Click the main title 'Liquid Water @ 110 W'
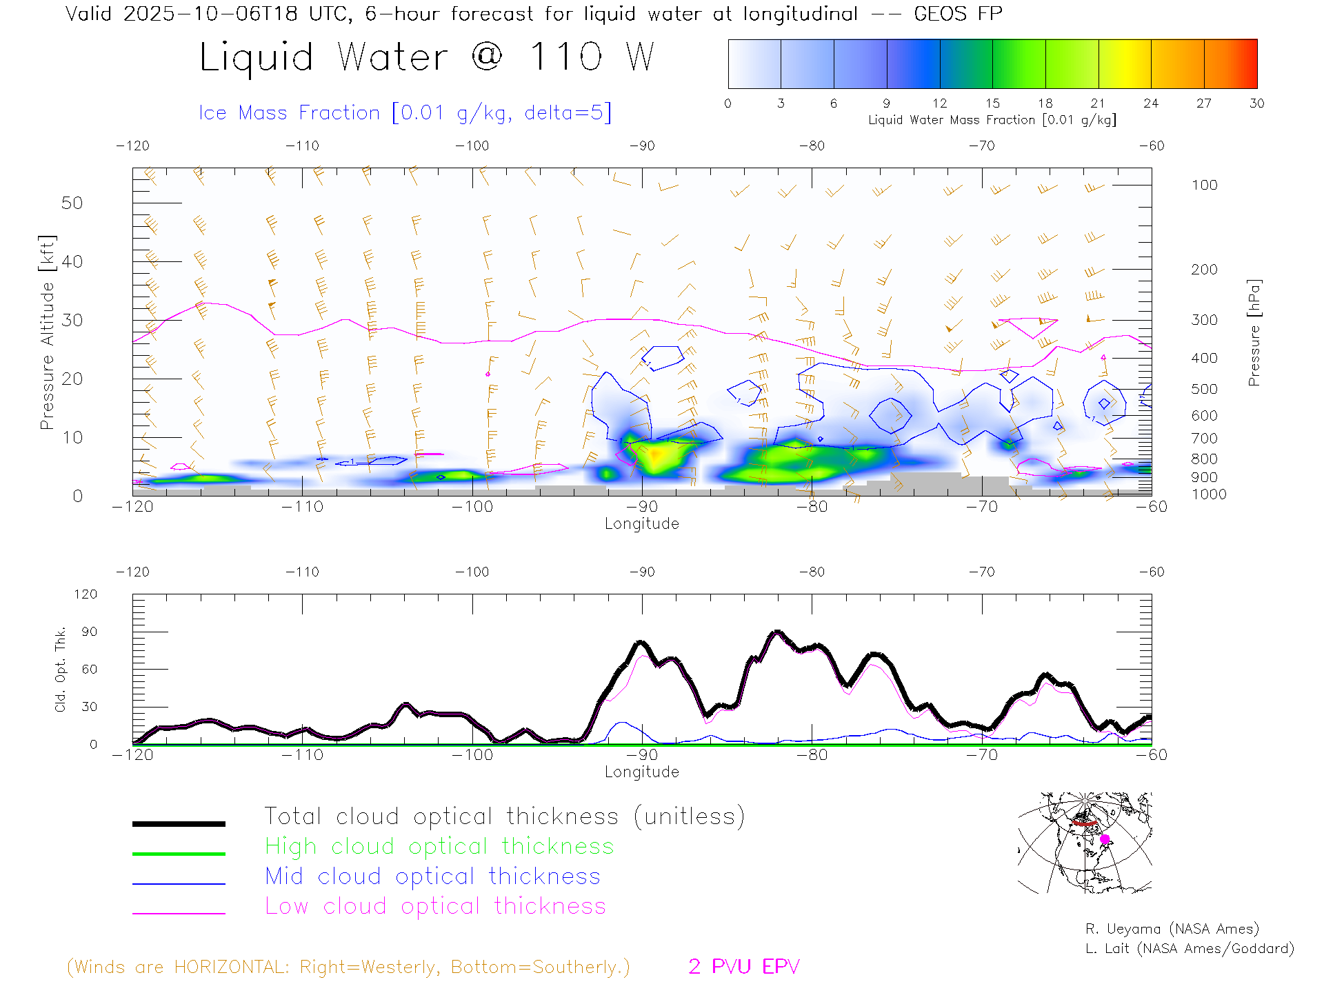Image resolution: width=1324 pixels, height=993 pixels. coord(426,57)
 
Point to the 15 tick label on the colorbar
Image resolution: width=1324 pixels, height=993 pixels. coord(992,103)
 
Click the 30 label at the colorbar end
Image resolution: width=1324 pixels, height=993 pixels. coord(1256,103)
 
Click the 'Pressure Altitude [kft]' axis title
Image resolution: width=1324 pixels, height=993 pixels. coord(46,332)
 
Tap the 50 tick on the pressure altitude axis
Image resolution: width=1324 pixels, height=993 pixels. coord(72,203)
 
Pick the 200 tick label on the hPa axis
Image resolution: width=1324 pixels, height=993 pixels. coord(1204,270)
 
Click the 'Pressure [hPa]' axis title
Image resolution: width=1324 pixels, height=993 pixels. coord(1254,332)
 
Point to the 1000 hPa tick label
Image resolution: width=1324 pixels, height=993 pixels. coord(1209,494)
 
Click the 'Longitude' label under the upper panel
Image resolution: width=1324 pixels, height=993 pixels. coord(641,524)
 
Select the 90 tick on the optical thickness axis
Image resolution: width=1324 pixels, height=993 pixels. coord(89,632)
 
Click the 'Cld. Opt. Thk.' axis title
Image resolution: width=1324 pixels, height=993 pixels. coord(60,669)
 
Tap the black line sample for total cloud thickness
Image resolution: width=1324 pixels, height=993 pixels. coord(179,823)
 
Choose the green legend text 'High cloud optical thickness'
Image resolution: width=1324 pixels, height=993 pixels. coord(439,846)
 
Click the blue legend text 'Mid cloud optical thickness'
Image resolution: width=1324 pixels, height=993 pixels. coord(432,876)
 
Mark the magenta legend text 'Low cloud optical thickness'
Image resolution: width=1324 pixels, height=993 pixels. coord(435,906)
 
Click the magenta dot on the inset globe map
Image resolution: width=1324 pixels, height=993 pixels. coord(1105,839)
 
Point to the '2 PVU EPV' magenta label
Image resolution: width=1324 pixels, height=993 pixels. coord(743,967)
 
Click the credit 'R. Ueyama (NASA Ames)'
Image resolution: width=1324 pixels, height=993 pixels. coord(1172,929)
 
